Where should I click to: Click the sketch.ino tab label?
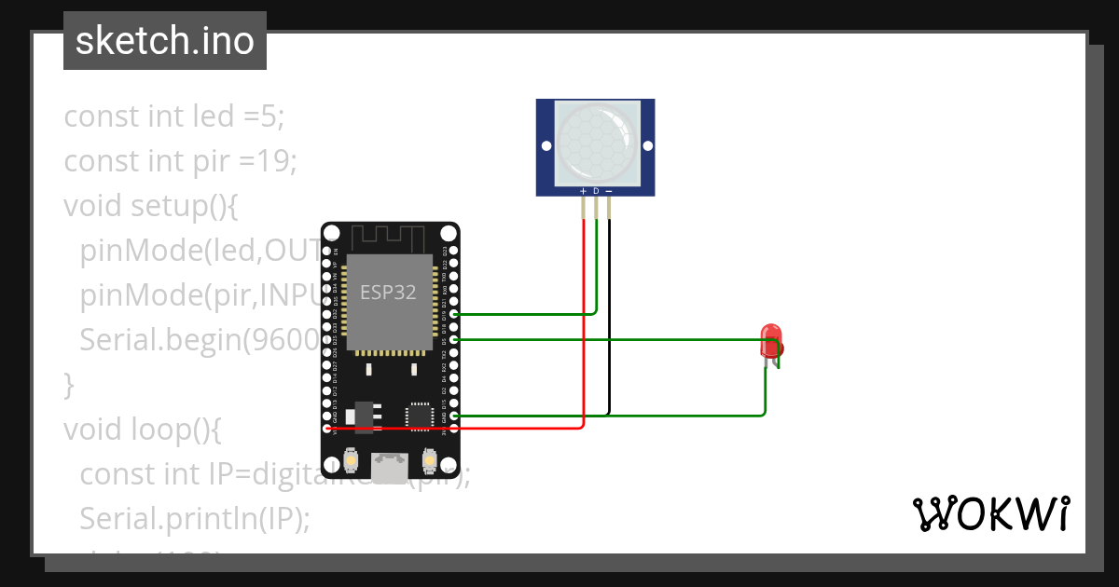click(x=164, y=41)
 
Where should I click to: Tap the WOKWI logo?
click(x=990, y=514)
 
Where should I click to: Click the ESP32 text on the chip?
click(x=388, y=292)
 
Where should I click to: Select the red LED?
click(x=771, y=342)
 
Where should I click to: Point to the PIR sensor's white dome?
click(x=596, y=141)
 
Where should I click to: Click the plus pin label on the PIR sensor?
click(x=584, y=191)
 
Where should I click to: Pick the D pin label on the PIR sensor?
click(x=596, y=191)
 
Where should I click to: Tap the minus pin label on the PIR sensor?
click(x=609, y=191)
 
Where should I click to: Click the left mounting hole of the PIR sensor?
click(x=546, y=146)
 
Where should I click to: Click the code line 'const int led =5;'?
click(x=173, y=116)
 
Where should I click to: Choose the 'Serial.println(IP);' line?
click(x=194, y=518)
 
